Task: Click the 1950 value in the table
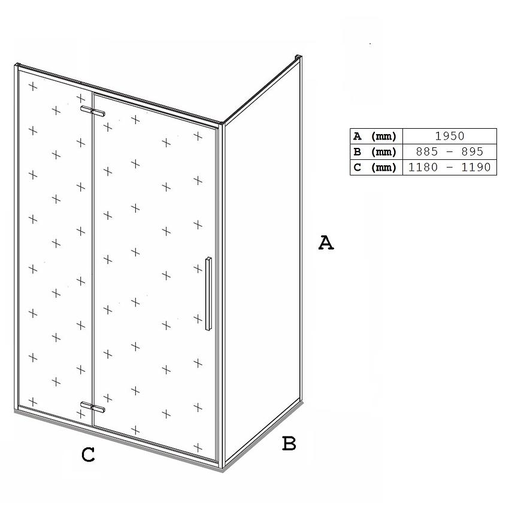[x=450, y=136]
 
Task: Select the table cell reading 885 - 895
[x=450, y=152]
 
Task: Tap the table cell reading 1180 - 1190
[x=450, y=167]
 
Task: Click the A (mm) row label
[x=375, y=136]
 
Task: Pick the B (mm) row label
[x=375, y=152]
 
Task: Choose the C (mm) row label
[x=375, y=168]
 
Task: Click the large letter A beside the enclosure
[x=326, y=243]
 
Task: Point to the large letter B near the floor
[x=289, y=443]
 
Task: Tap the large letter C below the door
[x=88, y=455]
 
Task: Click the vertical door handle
[x=208, y=293]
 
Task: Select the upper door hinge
[x=93, y=111]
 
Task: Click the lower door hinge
[x=93, y=407]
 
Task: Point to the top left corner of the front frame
[x=16, y=65]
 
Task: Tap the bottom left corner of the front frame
[x=16, y=411]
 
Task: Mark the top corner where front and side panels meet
[x=222, y=123]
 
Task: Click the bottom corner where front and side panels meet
[x=222, y=468]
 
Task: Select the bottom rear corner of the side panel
[x=302, y=401]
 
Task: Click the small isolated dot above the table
[x=370, y=44]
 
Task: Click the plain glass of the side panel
[x=262, y=259]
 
